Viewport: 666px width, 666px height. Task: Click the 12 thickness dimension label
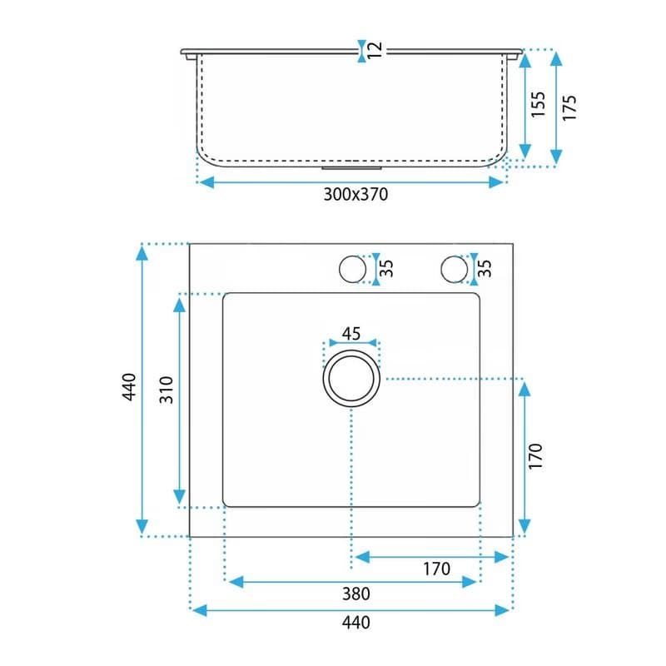tap(375, 51)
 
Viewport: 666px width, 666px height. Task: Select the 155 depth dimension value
tap(538, 104)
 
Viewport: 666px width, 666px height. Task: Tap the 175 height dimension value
tap(569, 107)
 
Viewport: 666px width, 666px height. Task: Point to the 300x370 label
tap(355, 194)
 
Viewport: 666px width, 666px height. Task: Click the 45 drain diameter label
tap(351, 334)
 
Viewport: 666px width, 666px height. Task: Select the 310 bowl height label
tap(166, 390)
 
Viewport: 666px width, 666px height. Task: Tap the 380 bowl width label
tap(356, 594)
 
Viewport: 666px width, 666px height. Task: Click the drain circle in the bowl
tap(351, 350)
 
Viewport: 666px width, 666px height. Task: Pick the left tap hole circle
tap(352, 256)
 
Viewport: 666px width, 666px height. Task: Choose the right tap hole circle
tap(454, 256)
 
